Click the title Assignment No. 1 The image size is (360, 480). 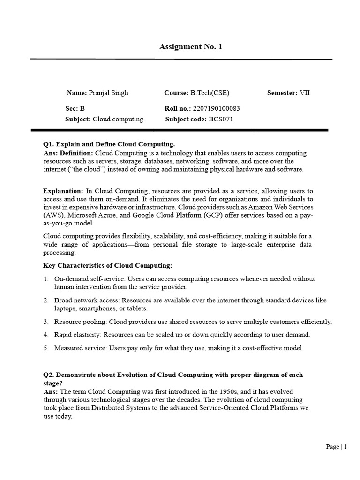(x=190, y=46)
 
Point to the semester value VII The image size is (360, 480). (x=305, y=93)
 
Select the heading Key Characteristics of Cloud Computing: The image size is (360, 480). (x=108, y=266)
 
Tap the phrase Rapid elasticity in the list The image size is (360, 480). (x=77, y=335)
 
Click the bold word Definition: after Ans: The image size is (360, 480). (x=77, y=153)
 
